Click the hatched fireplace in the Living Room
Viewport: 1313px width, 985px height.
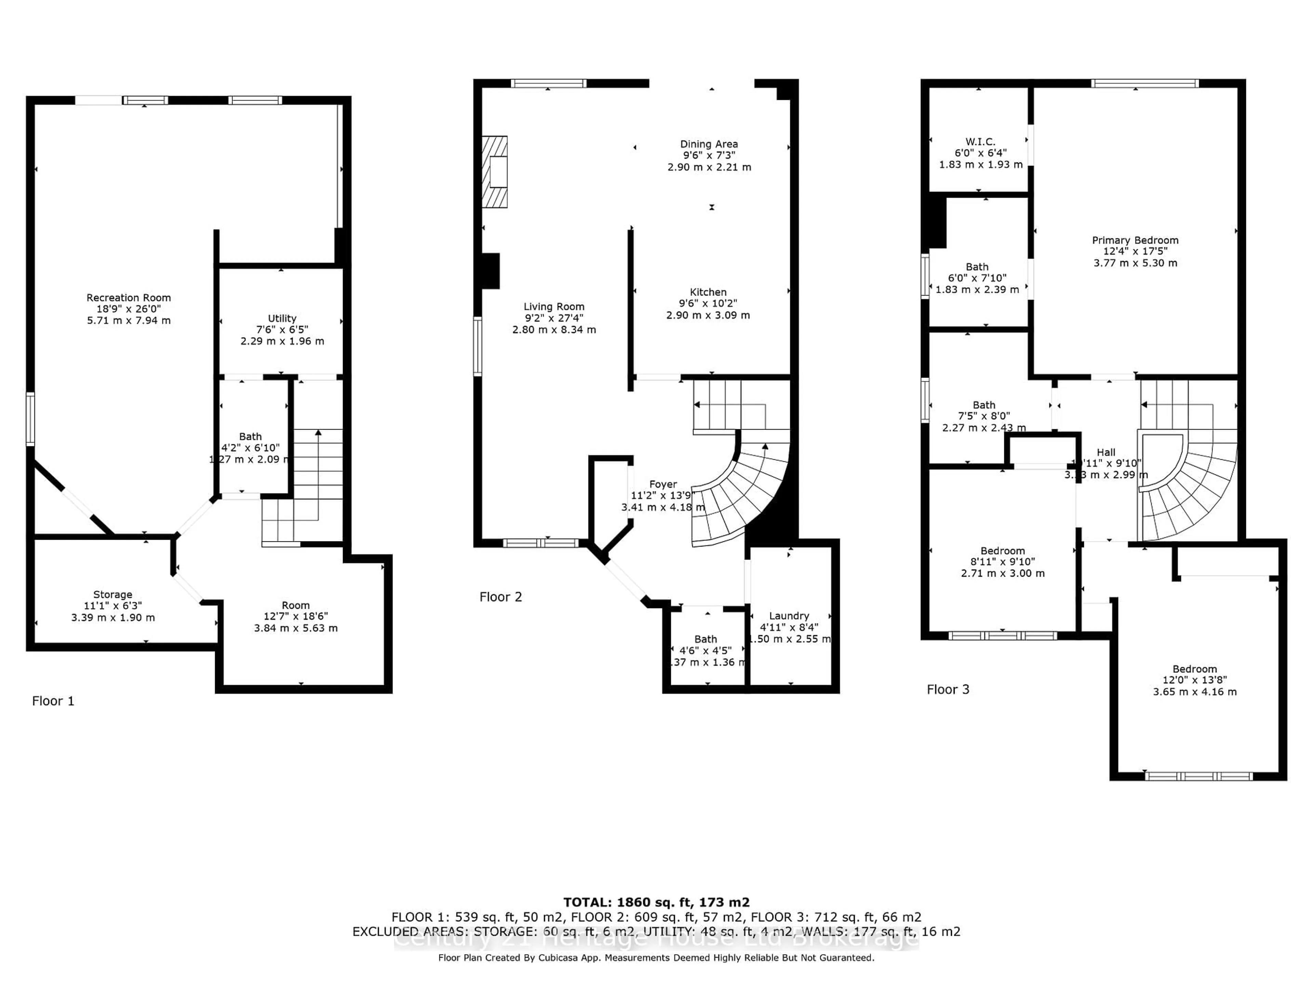click(494, 172)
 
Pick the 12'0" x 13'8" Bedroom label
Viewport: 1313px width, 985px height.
click(1194, 680)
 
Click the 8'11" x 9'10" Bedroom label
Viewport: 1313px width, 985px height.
click(1003, 562)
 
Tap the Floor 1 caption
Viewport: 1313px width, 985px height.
click(53, 701)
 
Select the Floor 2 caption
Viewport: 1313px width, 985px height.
click(500, 597)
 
